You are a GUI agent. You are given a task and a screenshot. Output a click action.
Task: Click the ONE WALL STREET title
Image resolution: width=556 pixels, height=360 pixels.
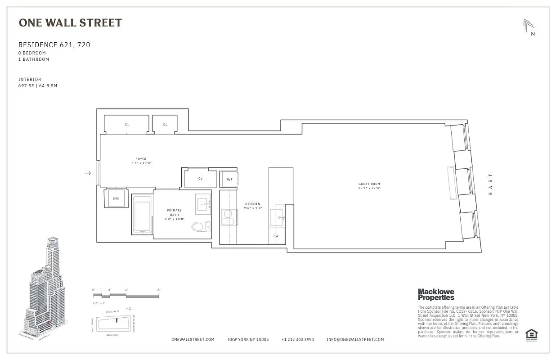[70, 23]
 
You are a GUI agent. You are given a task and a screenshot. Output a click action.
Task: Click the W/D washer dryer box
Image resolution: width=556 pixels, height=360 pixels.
[116, 198]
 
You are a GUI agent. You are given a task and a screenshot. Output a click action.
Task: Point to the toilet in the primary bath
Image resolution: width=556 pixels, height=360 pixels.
[200, 226]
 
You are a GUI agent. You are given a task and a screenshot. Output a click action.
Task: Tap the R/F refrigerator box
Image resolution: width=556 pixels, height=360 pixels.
[229, 179]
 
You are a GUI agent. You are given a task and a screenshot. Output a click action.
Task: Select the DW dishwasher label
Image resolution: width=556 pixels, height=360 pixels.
[276, 236]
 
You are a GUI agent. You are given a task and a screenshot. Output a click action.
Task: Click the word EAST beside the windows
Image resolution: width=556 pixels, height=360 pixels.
[490, 184]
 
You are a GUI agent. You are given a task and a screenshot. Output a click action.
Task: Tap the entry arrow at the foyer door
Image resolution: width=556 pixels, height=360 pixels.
[88, 173]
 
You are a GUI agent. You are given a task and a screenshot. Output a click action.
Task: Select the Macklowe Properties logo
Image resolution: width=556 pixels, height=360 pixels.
[436, 294]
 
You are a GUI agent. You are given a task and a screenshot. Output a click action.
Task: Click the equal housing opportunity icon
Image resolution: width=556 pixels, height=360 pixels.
[531, 334]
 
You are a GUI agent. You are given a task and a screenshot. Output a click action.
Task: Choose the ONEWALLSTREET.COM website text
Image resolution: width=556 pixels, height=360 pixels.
[193, 339]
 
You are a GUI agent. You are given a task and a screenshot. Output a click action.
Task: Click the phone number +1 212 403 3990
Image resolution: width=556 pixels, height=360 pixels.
[297, 339]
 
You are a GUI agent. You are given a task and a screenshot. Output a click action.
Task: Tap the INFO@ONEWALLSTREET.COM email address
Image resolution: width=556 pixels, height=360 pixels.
[355, 339]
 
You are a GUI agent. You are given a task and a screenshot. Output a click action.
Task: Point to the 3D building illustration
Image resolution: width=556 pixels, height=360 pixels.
[45, 288]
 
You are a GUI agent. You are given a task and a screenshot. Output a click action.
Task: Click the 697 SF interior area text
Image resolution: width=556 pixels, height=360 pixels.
[38, 85]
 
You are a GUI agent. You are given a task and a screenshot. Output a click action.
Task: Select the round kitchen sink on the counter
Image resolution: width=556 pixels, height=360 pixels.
[228, 214]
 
